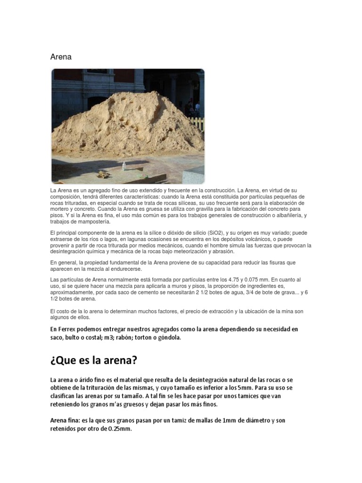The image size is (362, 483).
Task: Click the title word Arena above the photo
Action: click(x=61, y=57)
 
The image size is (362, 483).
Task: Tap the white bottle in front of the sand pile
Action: click(x=124, y=166)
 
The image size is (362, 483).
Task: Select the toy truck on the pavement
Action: click(x=103, y=174)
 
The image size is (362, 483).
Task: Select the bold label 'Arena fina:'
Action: click(x=65, y=420)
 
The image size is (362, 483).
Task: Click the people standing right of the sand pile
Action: click(x=192, y=108)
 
